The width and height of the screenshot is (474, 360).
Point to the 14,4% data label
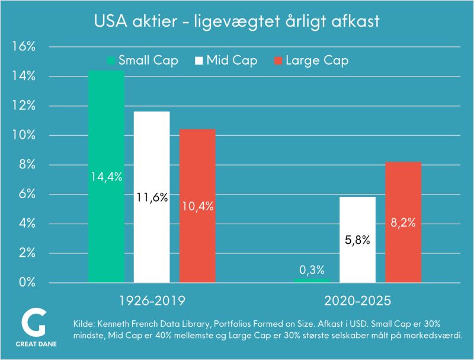pyautogui.click(x=107, y=177)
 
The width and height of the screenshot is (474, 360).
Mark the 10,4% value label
pyautogui.click(x=197, y=206)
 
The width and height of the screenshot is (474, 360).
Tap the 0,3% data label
pyautogui.click(x=312, y=270)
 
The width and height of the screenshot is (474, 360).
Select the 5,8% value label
pyautogui.click(x=357, y=240)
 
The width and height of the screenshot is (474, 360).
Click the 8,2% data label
pyautogui.click(x=403, y=223)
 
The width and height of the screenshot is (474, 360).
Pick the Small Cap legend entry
pyautogui.click(x=142, y=60)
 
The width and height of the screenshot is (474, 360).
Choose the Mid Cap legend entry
pyautogui.click(x=226, y=60)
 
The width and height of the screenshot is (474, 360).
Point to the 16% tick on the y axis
pyautogui.click(x=24, y=47)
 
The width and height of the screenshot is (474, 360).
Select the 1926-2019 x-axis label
pyautogui.click(x=152, y=301)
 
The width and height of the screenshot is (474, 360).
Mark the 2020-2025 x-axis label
pyautogui.click(x=357, y=301)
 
